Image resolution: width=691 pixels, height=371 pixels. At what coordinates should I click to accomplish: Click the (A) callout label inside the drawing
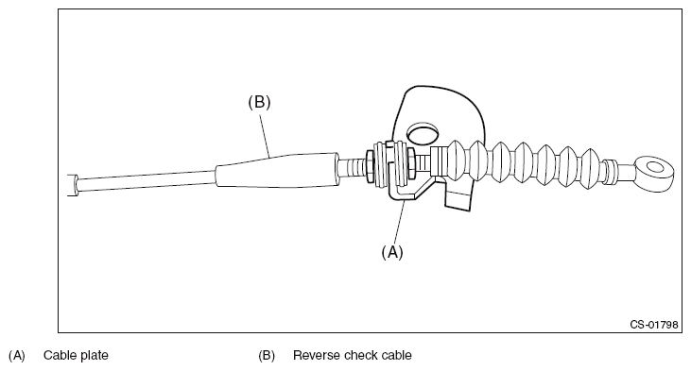tap(392, 252)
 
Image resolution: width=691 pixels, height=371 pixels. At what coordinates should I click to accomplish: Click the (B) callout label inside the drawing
tap(259, 102)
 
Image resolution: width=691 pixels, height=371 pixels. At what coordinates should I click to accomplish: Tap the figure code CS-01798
tap(654, 325)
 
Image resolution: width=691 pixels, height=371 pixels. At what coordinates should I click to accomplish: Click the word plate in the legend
tap(95, 356)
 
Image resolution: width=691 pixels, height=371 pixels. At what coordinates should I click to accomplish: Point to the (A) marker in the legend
tap(17, 356)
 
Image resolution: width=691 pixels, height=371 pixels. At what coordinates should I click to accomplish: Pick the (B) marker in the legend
tap(267, 356)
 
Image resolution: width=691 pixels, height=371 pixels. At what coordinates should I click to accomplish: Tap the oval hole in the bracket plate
tap(423, 133)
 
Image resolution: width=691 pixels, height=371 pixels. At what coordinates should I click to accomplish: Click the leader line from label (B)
tap(265, 135)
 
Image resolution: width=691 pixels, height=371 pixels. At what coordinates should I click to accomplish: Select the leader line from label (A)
tap(399, 222)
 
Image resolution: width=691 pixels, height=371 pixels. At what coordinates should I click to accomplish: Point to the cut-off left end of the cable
tap(73, 185)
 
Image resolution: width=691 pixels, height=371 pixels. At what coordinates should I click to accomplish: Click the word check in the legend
tap(359, 355)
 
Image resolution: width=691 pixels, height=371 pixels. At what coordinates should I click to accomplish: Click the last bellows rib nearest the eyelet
tap(590, 169)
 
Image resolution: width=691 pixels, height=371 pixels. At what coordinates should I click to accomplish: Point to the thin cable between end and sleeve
tap(147, 181)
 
